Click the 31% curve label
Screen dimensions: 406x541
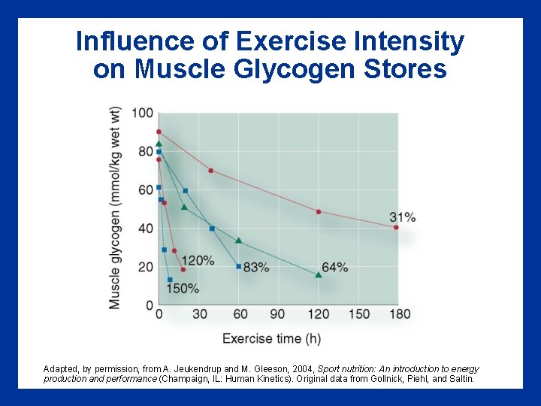(x=403, y=217)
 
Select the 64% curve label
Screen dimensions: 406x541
(x=334, y=267)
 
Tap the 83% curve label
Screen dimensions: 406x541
(x=256, y=267)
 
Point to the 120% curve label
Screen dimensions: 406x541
(x=198, y=260)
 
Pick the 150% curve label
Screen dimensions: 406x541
(x=182, y=288)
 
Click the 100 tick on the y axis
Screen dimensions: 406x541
(x=143, y=114)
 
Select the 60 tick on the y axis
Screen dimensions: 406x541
(x=145, y=190)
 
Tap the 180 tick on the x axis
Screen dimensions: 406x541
(x=400, y=314)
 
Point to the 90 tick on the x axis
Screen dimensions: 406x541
(x=277, y=314)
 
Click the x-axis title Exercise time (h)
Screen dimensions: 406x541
(x=271, y=338)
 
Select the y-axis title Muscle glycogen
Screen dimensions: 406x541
(x=115, y=207)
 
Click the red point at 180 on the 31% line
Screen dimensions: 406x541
(x=396, y=227)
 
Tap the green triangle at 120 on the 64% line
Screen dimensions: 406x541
(x=318, y=275)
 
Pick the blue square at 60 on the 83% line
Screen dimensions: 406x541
(x=239, y=266)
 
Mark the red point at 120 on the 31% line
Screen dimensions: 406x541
(x=318, y=212)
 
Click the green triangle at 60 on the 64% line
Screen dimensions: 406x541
(x=239, y=241)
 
